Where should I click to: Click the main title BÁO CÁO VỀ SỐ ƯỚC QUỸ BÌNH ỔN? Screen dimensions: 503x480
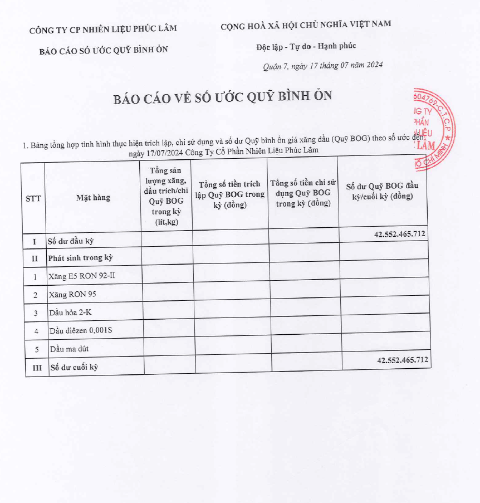[x=223, y=97]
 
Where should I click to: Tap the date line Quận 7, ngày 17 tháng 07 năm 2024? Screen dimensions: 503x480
[x=322, y=66]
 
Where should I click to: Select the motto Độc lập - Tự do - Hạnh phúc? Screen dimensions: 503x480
[x=302, y=46]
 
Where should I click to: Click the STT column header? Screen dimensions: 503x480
[x=33, y=198]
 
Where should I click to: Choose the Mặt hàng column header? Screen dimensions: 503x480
[x=93, y=198]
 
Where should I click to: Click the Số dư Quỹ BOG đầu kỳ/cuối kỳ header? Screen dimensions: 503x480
[x=382, y=191]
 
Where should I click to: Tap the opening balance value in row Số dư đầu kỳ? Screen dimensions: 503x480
[x=400, y=234]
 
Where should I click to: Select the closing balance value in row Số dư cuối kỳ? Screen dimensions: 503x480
[x=403, y=360]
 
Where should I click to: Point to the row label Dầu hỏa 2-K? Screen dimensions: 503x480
[x=70, y=312]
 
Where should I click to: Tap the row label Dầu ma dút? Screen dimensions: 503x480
[x=69, y=349]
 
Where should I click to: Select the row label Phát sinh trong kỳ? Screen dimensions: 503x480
[x=80, y=258]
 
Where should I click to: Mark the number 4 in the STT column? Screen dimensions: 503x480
[x=36, y=331]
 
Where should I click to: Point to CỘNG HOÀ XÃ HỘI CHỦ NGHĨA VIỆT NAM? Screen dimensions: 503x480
[x=306, y=24]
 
